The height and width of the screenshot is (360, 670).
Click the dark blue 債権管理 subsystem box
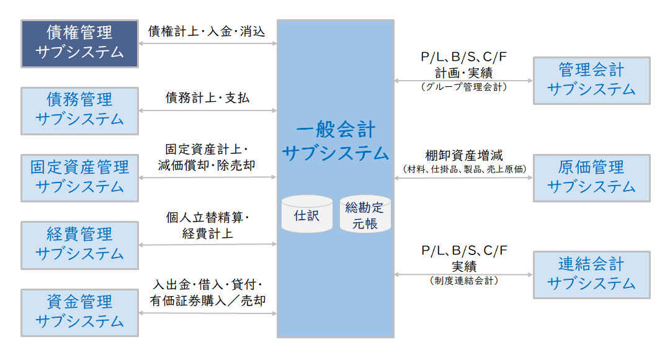point(79,43)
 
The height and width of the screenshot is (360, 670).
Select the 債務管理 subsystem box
point(79,110)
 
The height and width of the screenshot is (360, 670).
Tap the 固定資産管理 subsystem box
point(79,178)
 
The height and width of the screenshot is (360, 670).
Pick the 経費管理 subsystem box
point(79,245)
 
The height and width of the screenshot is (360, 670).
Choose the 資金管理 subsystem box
point(79,312)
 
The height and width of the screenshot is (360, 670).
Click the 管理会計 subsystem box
point(591,80)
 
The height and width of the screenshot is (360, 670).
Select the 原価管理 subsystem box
point(591,178)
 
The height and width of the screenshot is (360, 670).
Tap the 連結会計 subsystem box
point(591,274)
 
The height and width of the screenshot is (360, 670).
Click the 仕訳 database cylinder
point(306,215)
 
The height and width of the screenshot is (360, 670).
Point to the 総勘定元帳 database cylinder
point(365,215)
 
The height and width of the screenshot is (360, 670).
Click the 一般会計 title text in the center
point(336,131)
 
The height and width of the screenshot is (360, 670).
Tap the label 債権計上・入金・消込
point(207,31)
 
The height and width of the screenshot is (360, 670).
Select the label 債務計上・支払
point(207,98)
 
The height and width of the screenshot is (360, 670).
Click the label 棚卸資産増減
point(464,155)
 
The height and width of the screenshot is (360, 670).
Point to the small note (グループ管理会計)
point(464,88)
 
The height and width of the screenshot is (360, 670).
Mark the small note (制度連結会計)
point(464,281)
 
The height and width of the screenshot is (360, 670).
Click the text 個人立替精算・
point(207,218)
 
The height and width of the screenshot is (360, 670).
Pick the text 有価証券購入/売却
point(207,300)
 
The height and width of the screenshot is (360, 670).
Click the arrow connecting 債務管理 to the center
point(207,110)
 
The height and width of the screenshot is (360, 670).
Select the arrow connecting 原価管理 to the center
point(464,178)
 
